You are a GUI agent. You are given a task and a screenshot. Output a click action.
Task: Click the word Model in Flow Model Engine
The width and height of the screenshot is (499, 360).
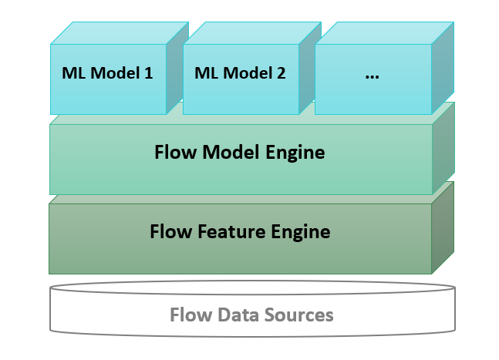coord(231,152)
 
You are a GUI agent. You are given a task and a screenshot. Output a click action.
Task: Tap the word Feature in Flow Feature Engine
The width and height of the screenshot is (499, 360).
coord(231,231)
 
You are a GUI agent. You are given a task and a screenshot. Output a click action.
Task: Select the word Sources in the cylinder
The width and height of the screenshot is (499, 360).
coord(298,315)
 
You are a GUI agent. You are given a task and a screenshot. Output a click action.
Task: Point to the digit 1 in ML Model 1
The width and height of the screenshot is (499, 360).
coord(149,73)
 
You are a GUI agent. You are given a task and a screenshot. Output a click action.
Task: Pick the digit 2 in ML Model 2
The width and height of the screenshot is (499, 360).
coord(281,73)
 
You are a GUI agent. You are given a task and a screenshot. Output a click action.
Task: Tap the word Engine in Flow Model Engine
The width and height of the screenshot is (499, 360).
coord(295,153)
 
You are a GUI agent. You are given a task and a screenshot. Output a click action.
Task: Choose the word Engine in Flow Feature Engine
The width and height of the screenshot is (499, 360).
coord(301,233)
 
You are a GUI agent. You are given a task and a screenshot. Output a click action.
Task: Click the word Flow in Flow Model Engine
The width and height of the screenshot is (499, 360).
coord(175,152)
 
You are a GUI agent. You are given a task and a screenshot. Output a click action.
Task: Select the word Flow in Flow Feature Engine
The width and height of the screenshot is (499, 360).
coord(171,231)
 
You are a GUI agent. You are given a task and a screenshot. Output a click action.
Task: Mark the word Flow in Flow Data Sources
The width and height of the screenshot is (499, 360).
coord(191,315)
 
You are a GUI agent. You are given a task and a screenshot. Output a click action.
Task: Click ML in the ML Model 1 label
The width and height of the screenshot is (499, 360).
coord(74,73)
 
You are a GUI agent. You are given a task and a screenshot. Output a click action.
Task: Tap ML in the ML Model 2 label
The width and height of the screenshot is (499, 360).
coord(207,73)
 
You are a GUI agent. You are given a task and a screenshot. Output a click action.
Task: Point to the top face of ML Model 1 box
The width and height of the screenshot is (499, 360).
coord(120,33)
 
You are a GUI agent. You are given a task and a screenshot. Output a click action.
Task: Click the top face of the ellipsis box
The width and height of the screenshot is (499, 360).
coord(384,33)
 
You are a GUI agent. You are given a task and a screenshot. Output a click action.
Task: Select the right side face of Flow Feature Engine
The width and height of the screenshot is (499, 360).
coord(443,227)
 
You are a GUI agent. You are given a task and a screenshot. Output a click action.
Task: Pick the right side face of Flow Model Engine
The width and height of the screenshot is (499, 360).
coord(443,148)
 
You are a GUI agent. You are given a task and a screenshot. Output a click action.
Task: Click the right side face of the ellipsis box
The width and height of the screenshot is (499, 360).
coord(443,68)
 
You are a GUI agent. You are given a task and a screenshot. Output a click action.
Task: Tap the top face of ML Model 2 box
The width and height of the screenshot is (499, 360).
coord(252,33)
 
